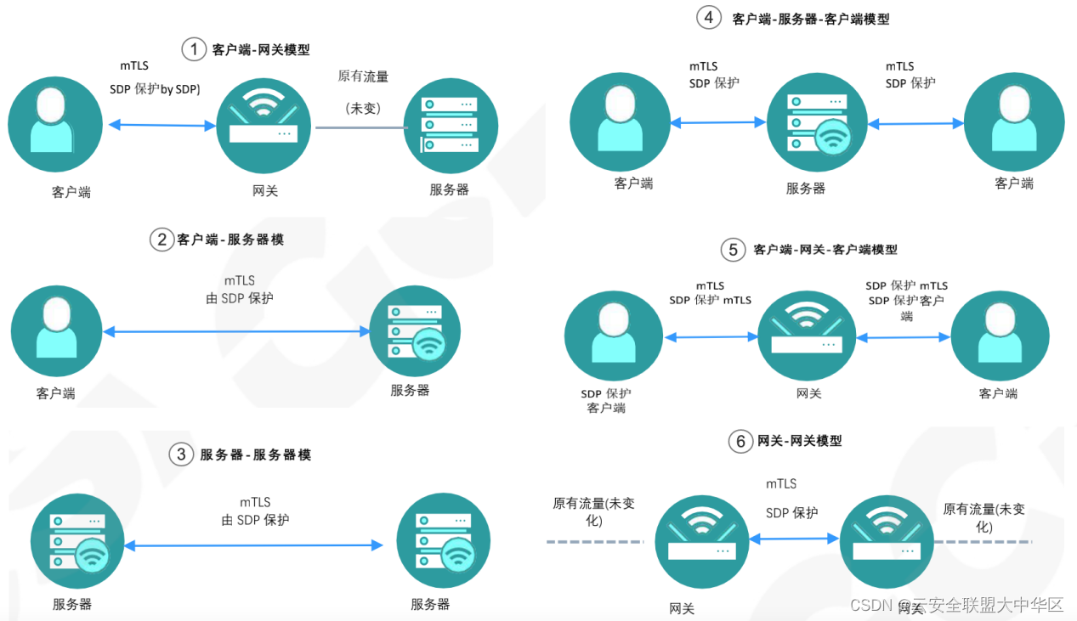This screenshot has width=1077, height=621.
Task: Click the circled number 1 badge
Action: (x=194, y=50)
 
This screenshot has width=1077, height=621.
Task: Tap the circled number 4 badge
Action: (x=709, y=17)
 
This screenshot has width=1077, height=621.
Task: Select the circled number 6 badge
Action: (x=740, y=441)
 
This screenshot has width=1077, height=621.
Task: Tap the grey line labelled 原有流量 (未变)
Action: (x=357, y=127)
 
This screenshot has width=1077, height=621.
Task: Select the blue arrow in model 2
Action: (x=235, y=331)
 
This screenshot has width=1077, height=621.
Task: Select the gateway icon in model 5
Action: (x=806, y=335)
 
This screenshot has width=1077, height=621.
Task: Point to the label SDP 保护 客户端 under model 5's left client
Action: (x=606, y=400)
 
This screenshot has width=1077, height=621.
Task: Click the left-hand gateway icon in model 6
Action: (x=703, y=541)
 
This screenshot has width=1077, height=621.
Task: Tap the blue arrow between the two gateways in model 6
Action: (x=794, y=539)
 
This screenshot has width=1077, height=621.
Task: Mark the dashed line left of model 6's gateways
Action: (x=593, y=541)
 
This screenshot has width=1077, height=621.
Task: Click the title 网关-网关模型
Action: (x=799, y=441)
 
